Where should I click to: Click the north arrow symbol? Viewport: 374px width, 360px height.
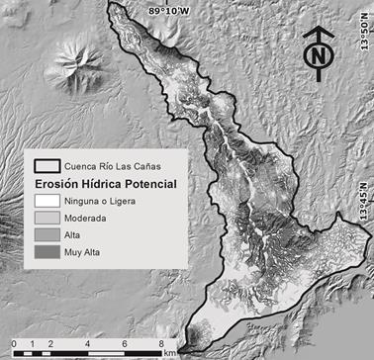click(x=317, y=52)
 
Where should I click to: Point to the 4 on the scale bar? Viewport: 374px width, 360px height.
click(x=92, y=344)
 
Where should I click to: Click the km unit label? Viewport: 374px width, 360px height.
click(x=170, y=353)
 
